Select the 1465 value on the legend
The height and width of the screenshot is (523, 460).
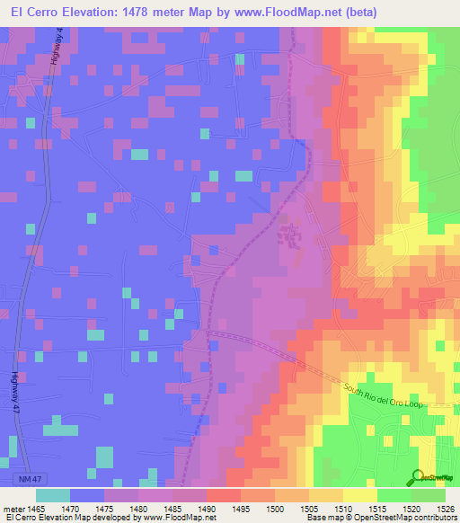click(x=36, y=508)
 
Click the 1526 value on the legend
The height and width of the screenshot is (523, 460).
click(x=447, y=508)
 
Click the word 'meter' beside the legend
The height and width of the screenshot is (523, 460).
click(x=13, y=508)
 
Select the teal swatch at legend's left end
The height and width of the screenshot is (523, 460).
click(x=53, y=495)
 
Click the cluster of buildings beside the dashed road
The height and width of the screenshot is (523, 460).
click(x=291, y=235)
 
